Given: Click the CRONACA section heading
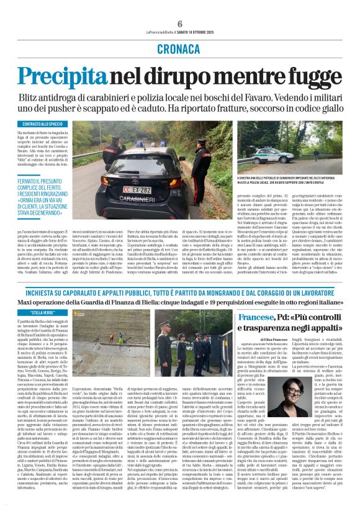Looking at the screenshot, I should pyautogui.click(x=179, y=48).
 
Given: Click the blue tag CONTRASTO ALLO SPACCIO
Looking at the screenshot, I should pyautogui.click(x=40, y=124).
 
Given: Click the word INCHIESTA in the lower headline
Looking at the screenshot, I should pyautogui.click(x=45, y=291).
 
